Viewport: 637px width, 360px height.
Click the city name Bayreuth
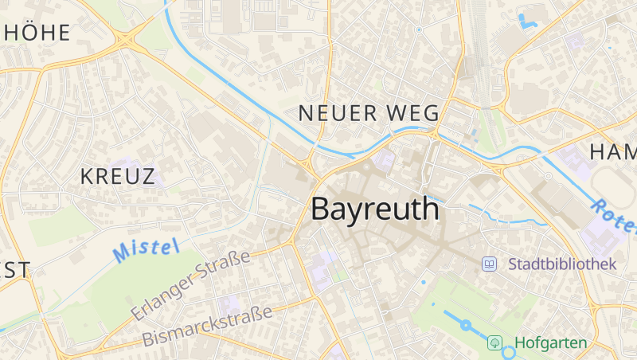(x=374, y=209)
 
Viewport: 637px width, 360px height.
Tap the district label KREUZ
(x=118, y=177)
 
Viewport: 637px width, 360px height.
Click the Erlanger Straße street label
(x=191, y=284)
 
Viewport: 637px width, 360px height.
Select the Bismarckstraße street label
(x=207, y=325)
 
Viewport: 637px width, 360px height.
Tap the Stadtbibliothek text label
(x=562, y=264)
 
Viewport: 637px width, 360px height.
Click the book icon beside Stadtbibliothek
(x=490, y=264)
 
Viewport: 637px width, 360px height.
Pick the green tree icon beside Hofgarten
(x=495, y=343)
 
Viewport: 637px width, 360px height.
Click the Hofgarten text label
(x=550, y=343)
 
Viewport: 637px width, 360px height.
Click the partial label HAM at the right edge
(x=613, y=151)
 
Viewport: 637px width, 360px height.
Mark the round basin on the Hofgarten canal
(x=466, y=325)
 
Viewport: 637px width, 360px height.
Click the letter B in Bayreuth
(x=321, y=209)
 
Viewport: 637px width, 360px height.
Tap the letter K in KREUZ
(x=87, y=177)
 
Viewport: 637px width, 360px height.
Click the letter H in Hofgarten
(x=520, y=343)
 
